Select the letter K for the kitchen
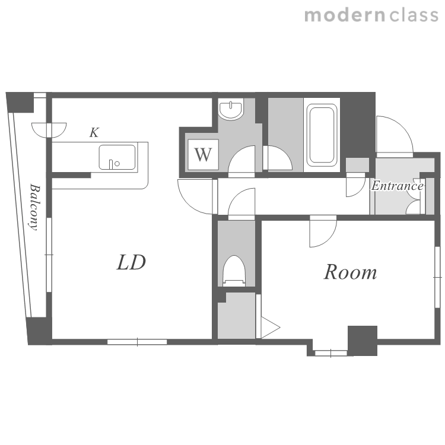coord(94,132)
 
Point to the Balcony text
coord(34,207)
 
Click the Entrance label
coord(398,186)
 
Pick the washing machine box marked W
coord(203,155)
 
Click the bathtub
coord(322,135)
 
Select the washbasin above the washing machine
coord(231,109)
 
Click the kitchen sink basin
coord(117,157)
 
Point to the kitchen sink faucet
coord(111,164)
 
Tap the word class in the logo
coord(414,15)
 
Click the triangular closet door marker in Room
coord(270,328)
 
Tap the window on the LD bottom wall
coord(137,342)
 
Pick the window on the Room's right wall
coord(437,277)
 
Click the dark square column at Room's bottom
coord(363,341)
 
